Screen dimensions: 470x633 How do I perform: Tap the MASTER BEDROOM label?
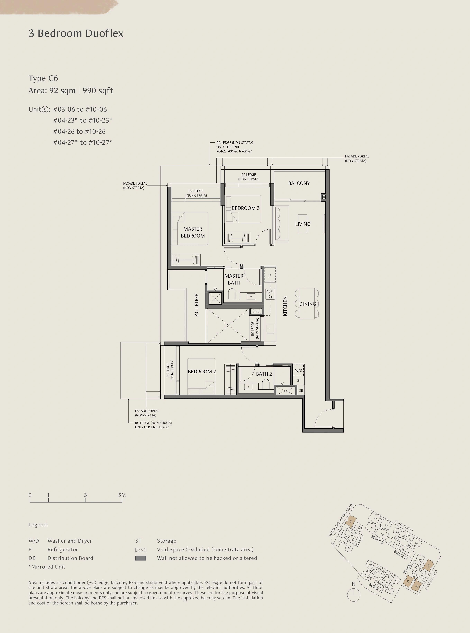click(x=193, y=232)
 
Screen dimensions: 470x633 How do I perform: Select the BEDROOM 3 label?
click(x=245, y=208)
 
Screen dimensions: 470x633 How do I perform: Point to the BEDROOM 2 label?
click(x=202, y=371)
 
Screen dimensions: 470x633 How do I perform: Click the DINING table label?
click(x=308, y=304)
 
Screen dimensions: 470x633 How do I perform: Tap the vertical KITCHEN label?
click(x=285, y=306)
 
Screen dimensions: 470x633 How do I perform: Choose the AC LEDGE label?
click(x=196, y=305)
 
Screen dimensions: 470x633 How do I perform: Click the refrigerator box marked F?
click(x=270, y=275)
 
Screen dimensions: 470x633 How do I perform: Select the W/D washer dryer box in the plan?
click(x=298, y=370)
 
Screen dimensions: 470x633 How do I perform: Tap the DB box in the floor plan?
click(x=301, y=390)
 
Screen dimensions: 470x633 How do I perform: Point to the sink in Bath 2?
click(x=248, y=387)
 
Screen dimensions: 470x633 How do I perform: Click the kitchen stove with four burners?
click(x=270, y=294)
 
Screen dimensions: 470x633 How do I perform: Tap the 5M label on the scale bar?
click(x=122, y=495)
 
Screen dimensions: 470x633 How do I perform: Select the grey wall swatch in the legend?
click(x=140, y=558)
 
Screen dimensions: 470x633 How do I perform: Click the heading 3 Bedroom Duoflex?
click(x=76, y=33)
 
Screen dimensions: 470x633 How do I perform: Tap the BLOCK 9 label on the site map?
click(x=377, y=539)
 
